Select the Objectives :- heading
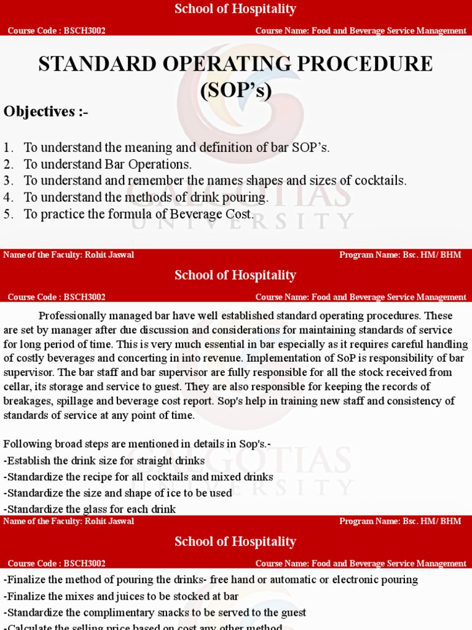click(46, 111)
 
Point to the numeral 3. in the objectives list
click(8, 181)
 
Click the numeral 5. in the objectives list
click(8, 214)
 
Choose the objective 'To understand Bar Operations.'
click(108, 164)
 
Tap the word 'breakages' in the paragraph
click(25, 401)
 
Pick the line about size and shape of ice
click(118, 493)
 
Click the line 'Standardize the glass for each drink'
click(90, 509)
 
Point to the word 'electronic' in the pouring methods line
click(348, 580)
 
